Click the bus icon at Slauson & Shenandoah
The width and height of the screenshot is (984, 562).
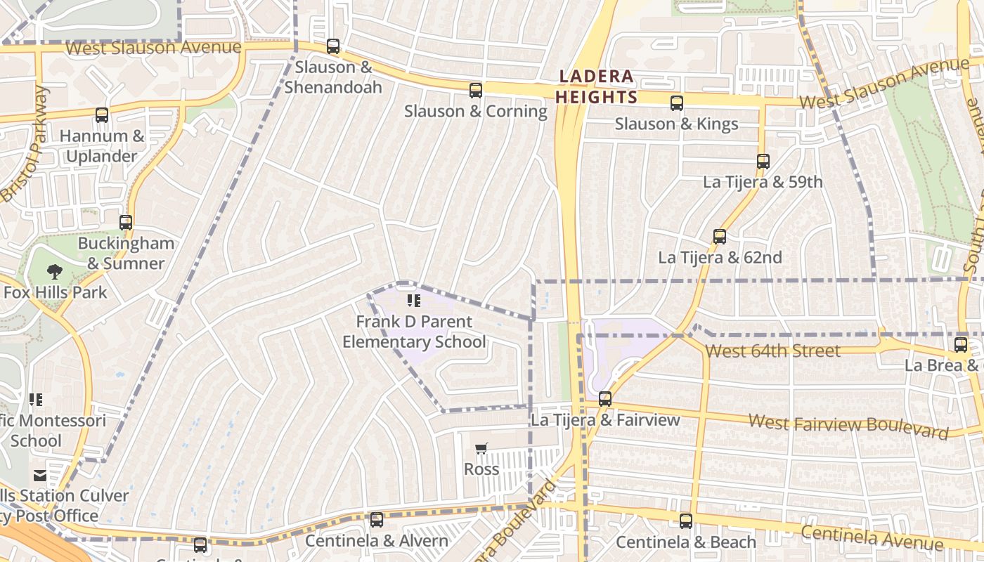[333, 46]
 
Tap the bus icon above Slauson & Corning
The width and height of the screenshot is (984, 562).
[476, 90]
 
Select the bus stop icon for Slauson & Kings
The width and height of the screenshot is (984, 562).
[677, 103]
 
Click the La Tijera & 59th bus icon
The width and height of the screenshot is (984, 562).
[763, 161]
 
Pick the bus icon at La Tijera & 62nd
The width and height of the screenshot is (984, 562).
[720, 236]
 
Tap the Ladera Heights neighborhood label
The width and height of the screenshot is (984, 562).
[596, 86]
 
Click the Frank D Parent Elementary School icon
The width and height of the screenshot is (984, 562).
[414, 301]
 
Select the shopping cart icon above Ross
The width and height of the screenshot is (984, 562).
[481, 448]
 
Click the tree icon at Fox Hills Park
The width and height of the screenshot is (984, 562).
[55, 271]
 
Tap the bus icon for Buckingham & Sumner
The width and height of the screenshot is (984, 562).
[126, 223]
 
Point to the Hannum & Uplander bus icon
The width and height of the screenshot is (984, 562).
[102, 115]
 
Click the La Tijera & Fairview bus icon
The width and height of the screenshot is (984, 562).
[605, 399]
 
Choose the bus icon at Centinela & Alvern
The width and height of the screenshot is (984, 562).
[377, 520]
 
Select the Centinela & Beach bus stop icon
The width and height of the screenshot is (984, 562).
[686, 521]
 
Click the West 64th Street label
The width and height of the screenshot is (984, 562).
[772, 351]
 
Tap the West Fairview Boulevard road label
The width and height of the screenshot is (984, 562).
[848, 425]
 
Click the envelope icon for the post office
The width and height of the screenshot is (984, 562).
[41, 476]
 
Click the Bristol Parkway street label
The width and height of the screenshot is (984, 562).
[25, 144]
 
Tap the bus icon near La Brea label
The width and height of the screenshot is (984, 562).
[961, 345]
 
